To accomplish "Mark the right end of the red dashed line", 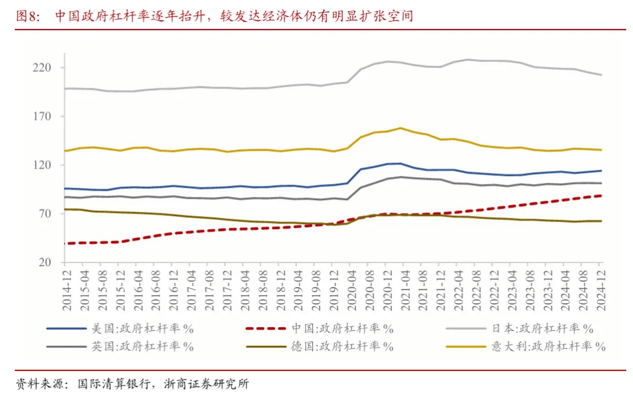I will tap(601, 196).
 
